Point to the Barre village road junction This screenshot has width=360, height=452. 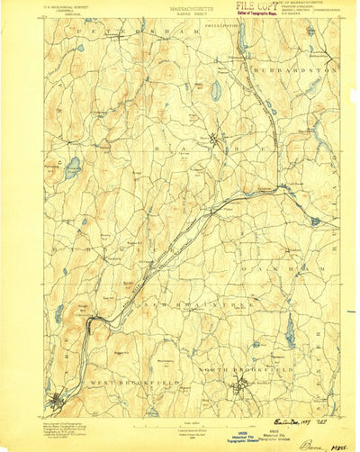click(x=209, y=139)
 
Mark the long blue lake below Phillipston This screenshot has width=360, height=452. click(x=240, y=38)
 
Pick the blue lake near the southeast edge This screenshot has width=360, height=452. click(x=290, y=335)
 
